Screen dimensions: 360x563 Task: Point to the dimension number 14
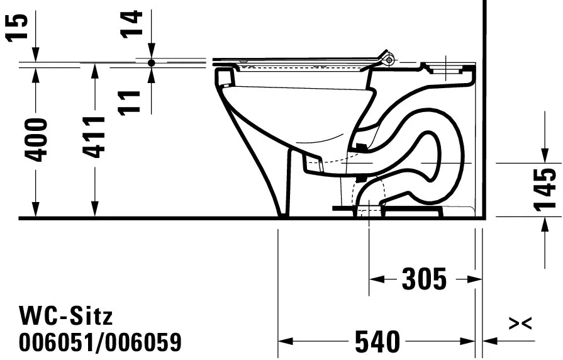click(133, 23)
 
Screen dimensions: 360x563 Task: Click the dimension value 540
click(377, 342)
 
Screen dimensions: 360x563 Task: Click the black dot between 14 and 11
click(152, 63)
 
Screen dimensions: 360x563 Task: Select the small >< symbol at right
click(520, 323)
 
